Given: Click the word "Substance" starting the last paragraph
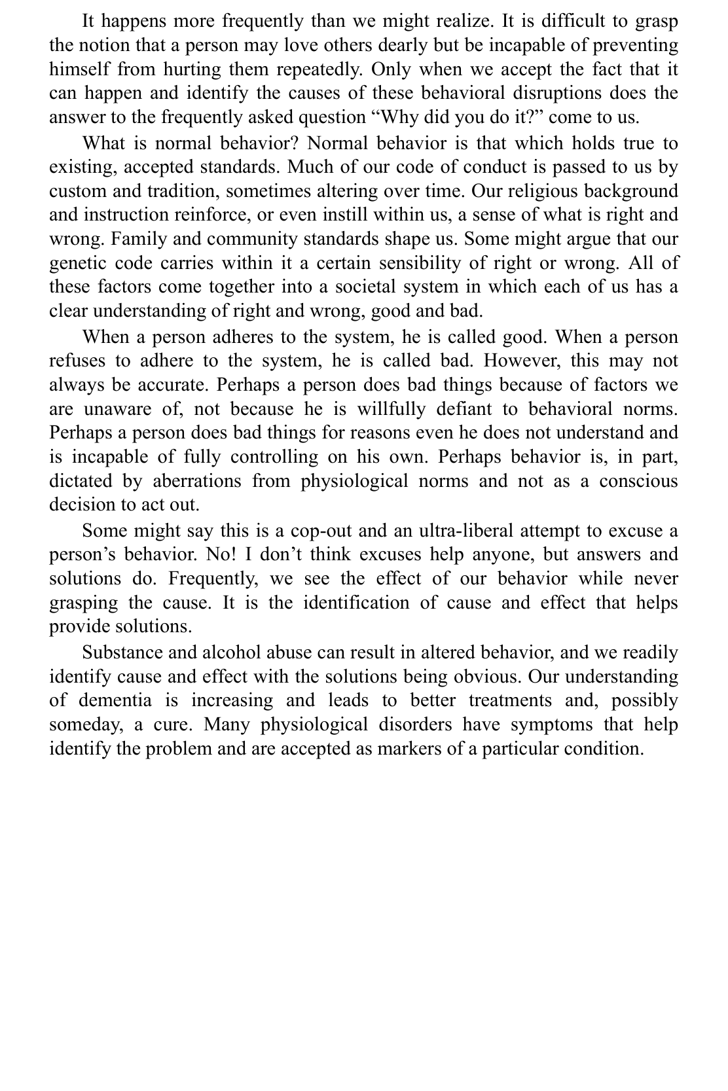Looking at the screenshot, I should point(122,653).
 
